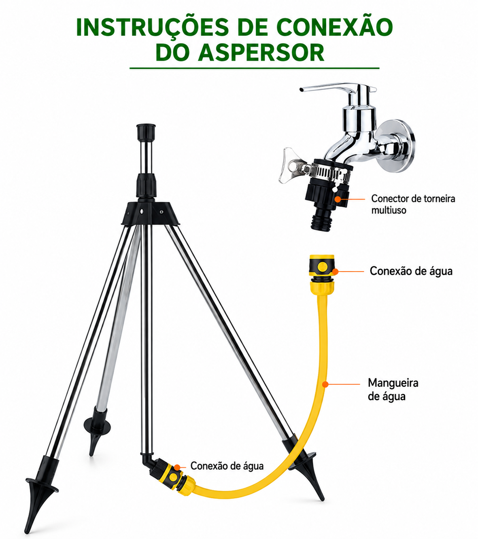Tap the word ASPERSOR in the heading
coord(261,53)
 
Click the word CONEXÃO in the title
coord(335,27)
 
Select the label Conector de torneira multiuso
coord(413,204)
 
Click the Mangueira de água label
coord(393,390)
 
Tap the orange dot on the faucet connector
coord(338,199)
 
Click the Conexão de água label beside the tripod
coord(227,466)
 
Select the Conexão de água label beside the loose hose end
coord(411,271)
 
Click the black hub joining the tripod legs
coord(151,213)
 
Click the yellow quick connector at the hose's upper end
coord(321,274)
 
